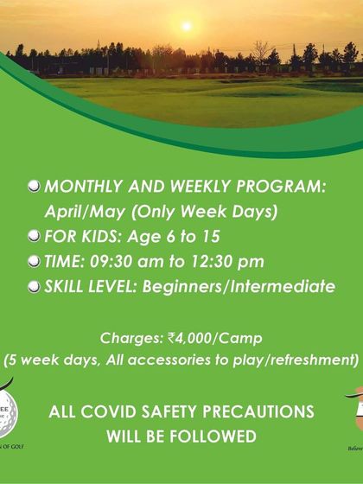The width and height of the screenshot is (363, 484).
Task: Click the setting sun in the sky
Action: tap(185, 26)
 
